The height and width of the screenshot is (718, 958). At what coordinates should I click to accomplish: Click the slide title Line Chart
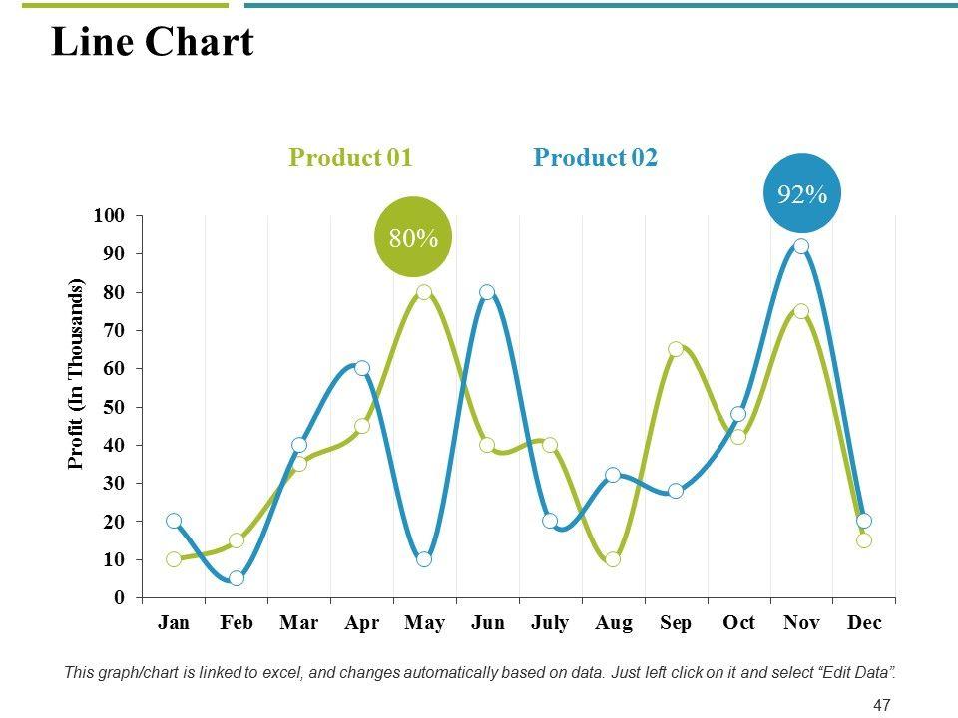152,43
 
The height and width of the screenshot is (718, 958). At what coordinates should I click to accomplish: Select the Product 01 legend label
350,158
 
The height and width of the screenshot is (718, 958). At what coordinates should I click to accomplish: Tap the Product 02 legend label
596,158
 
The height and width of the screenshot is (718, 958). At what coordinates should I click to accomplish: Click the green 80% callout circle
413,238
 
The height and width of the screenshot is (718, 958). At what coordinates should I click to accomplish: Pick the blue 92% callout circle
802,194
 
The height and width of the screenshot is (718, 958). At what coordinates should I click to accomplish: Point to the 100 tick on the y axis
109,216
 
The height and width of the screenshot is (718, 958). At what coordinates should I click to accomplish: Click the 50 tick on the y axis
113,407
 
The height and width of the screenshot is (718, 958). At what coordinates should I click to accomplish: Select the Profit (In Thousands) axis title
76,374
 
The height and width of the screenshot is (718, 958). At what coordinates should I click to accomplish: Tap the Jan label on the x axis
174,623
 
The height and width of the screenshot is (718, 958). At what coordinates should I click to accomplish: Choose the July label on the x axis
550,623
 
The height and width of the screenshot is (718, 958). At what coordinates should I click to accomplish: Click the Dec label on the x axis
864,623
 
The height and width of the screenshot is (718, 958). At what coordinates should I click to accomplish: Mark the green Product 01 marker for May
424,292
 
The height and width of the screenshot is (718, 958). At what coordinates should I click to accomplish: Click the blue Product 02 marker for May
424,559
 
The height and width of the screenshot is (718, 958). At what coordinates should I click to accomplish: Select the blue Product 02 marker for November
801,246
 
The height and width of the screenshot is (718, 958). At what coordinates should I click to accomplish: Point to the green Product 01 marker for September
676,349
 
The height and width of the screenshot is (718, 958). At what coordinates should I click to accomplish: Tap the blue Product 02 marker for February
237,578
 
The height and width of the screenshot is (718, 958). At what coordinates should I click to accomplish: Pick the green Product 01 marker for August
613,559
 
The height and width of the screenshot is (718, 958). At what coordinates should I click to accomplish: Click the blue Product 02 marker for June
487,292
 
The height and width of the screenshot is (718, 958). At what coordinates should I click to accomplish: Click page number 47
881,706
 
